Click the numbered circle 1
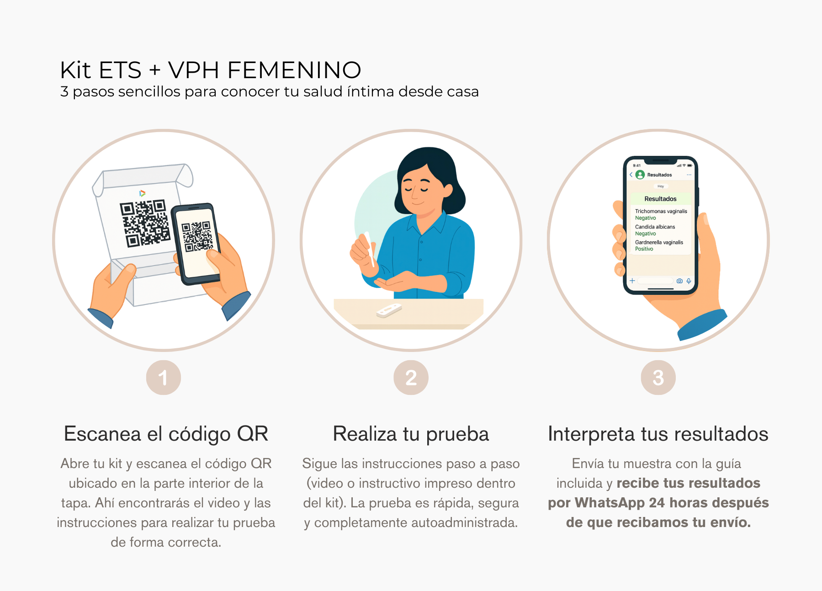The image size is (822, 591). pyautogui.click(x=164, y=378)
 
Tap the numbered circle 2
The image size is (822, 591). pyautogui.click(x=411, y=378)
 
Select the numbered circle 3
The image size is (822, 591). pyautogui.click(x=658, y=378)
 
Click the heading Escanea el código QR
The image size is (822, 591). pyautogui.click(x=166, y=434)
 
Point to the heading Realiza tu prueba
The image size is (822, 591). pyautogui.click(x=411, y=434)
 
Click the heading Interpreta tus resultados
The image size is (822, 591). pyautogui.click(x=658, y=434)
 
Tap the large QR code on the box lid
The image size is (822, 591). pyautogui.click(x=145, y=223)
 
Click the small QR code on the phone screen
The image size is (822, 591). pyautogui.click(x=197, y=236)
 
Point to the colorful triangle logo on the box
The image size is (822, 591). pyautogui.click(x=143, y=193)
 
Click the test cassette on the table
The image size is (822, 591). pyautogui.click(x=389, y=310)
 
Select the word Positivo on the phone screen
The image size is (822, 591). pyautogui.click(x=644, y=249)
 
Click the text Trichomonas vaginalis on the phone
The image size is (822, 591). pyautogui.click(x=661, y=211)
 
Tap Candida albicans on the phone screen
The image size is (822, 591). pyautogui.click(x=655, y=227)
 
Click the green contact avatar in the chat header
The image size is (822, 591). pyautogui.click(x=640, y=175)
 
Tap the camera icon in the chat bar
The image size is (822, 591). pyautogui.click(x=679, y=281)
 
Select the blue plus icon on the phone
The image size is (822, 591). pyautogui.click(x=632, y=281)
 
